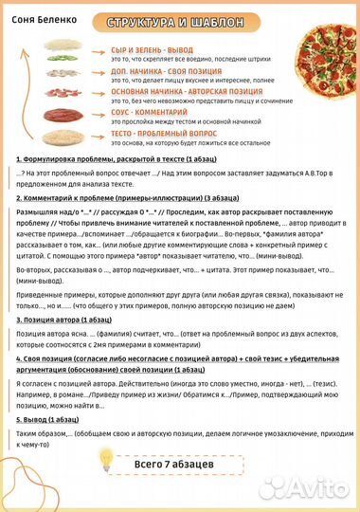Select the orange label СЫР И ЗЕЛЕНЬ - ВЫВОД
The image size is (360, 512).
[x=158, y=48]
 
